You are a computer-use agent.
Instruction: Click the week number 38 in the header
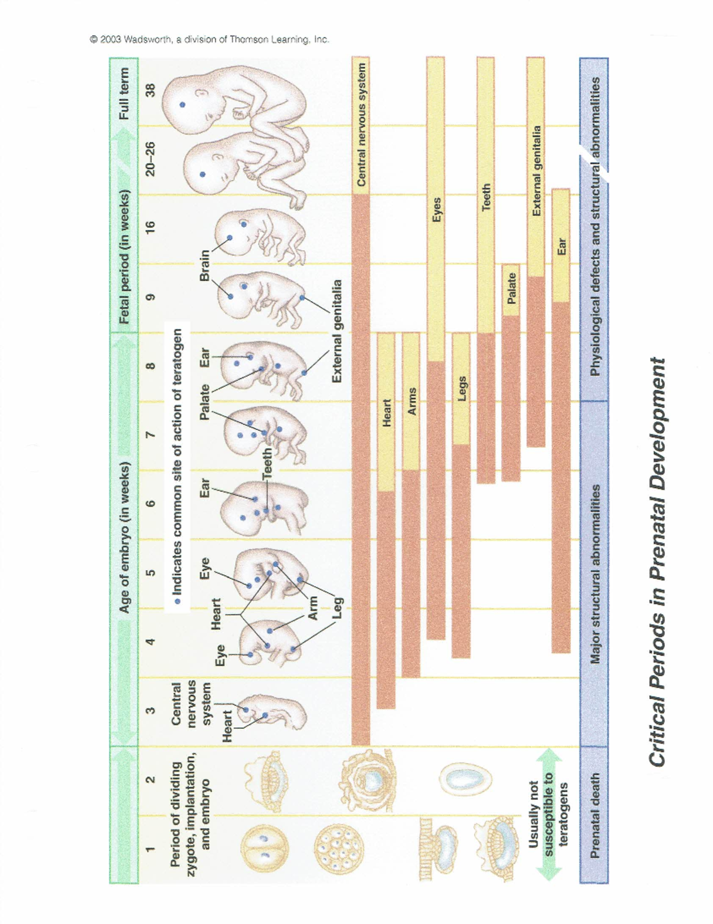(x=151, y=90)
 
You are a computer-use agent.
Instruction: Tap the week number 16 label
(x=151, y=226)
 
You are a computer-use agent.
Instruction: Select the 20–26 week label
(x=151, y=158)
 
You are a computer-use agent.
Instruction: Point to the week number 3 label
(x=151, y=710)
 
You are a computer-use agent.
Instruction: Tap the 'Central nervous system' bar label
(x=361, y=125)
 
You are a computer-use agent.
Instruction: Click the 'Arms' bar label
(x=411, y=401)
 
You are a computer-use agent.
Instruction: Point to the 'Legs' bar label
(x=461, y=388)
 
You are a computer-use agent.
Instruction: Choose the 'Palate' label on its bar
(x=511, y=289)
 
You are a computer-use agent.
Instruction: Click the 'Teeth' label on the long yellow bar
(x=486, y=197)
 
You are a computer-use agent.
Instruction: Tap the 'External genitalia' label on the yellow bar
(x=536, y=171)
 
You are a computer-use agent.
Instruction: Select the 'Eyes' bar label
(x=436, y=210)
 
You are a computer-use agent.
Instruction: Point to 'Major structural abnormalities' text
(x=594, y=574)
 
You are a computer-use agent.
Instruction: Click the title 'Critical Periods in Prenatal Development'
(x=657, y=561)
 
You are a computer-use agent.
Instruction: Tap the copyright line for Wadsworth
(x=209, y=40)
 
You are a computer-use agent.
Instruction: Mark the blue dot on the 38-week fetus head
(x=182, y=105)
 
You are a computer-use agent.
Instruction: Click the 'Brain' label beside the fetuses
(x=204, y=265)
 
